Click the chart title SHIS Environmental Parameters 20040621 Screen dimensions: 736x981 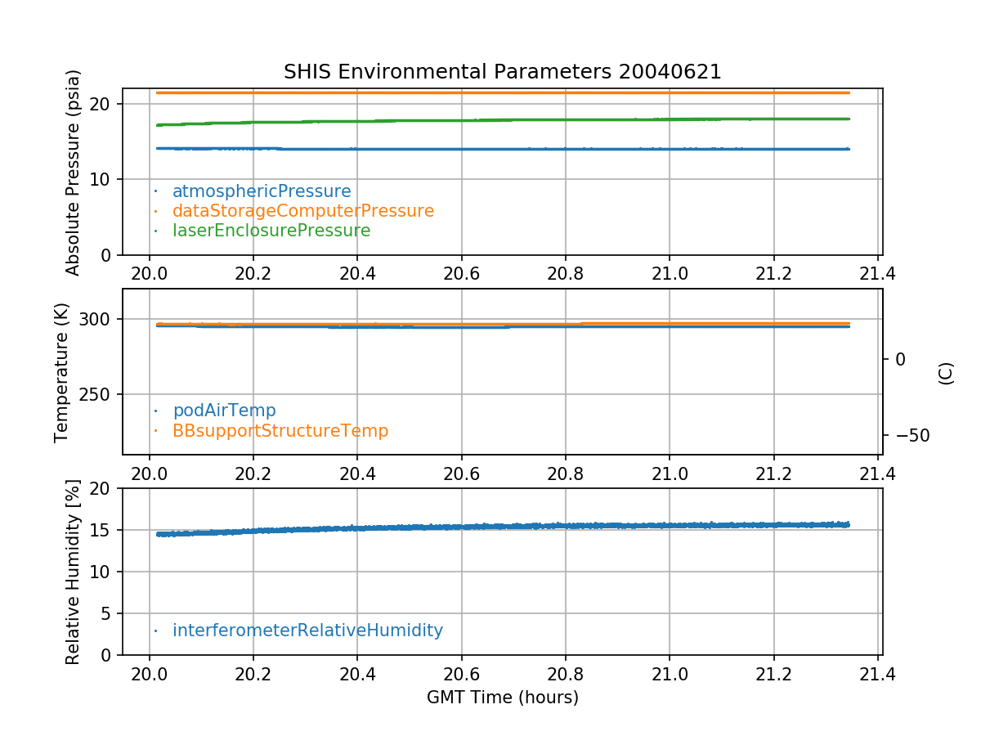tap(502, 72)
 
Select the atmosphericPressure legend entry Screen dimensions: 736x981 tap(262, 191)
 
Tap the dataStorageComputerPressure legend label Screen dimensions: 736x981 tap(302, 211)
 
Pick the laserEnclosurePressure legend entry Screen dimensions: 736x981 tap(271, 231)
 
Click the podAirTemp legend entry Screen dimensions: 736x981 tap(224, 411)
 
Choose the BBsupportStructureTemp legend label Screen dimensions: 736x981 tap(280, 430)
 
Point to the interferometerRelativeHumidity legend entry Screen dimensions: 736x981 tap(307, 631)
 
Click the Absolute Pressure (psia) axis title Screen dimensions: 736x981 tap(74, 172)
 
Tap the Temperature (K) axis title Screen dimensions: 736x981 tap(62, 372)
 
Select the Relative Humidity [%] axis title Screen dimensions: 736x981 tap(74, 572)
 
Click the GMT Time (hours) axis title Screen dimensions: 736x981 tap(502, 698)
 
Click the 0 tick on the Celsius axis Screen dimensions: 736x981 tap(900, 359)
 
